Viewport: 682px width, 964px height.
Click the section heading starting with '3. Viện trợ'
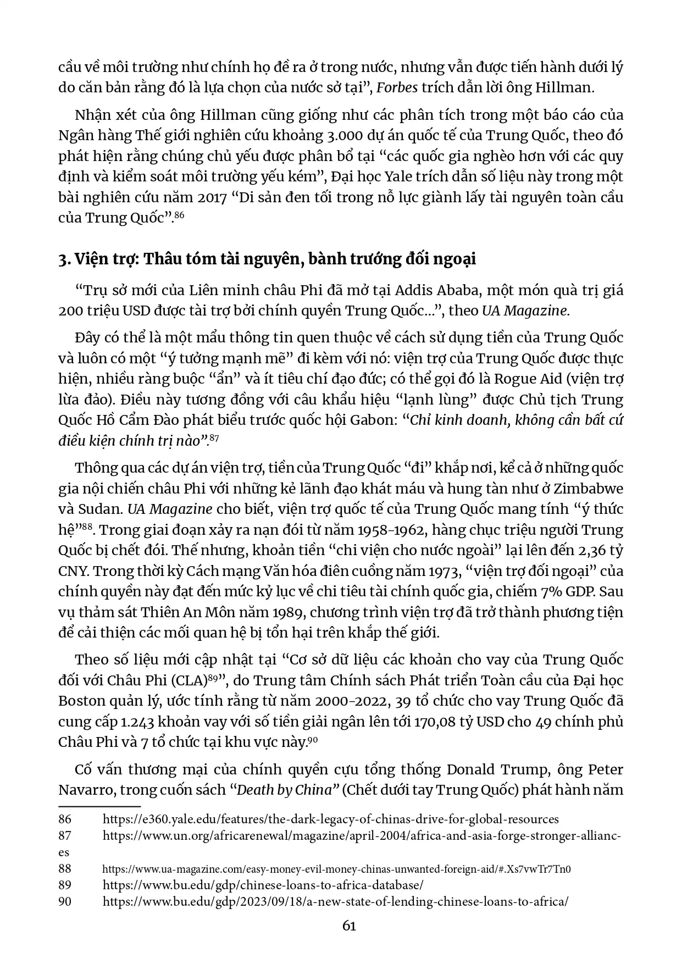tap(267, 259)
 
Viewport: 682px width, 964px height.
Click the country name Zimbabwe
tap(589, 489)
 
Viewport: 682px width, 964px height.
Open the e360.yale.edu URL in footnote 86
tap(331, 819)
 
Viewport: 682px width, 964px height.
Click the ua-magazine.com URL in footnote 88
tap(337, 869)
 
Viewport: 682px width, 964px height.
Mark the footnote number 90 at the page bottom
tap(65, 901)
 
